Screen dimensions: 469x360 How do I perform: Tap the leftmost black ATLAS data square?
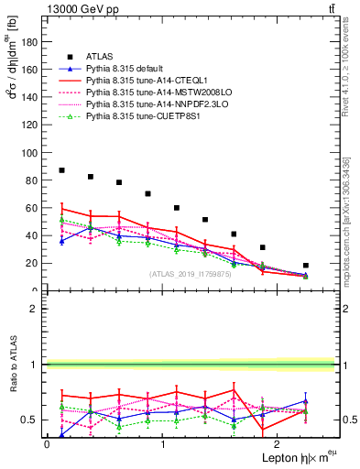tap(61, 170)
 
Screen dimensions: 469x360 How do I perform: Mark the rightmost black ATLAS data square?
tap(306, 266)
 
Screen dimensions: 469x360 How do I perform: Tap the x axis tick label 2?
tap(278, 444)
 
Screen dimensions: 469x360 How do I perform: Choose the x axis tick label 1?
tap(162, 444)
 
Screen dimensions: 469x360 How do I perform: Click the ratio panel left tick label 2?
tap(34, 309)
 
